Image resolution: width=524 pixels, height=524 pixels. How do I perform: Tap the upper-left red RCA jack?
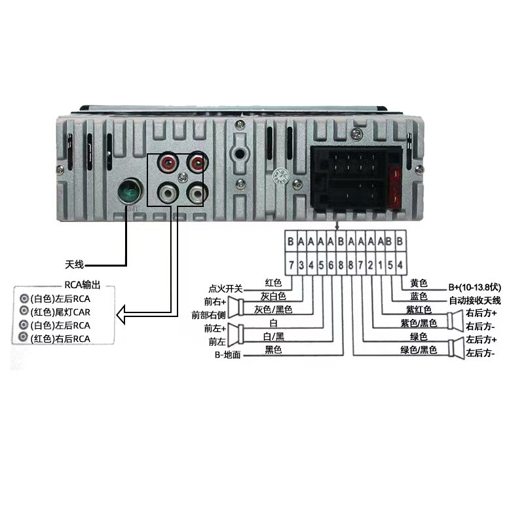click(168, 161)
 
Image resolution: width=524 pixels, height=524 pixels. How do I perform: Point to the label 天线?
click(74, 265)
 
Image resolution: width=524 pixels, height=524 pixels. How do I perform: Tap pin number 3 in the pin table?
click(301, 265)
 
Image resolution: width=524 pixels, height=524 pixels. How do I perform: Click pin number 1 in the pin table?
click(380, 265)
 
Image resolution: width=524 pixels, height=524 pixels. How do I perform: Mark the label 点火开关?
click(225, 288)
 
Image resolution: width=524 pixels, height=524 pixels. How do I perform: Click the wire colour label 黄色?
click(419, 283)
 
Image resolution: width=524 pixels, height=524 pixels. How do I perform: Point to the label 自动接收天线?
click(474, 300)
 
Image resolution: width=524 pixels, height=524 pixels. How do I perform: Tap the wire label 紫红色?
click(419, 309)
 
